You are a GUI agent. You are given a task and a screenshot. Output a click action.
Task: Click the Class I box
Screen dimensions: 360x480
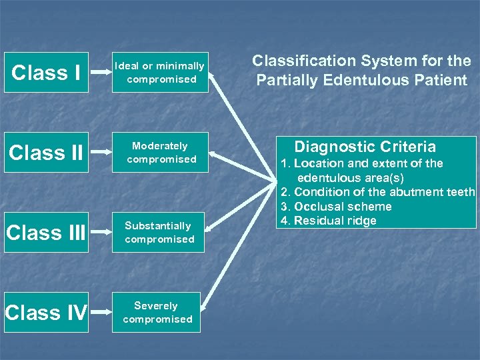46,72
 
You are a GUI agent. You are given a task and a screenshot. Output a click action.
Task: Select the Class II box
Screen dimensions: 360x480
46,152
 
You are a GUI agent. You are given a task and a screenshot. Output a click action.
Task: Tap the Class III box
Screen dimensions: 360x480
46,232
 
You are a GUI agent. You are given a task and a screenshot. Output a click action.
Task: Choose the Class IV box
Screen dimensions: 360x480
46,312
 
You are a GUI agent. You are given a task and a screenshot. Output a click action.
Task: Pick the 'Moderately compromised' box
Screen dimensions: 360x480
161,152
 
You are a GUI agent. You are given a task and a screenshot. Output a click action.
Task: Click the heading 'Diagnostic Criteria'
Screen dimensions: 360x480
365,147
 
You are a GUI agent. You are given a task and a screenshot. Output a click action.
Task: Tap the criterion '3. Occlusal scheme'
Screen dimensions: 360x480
336,207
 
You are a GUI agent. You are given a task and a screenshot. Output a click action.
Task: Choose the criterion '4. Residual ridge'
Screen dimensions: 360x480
329,221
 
